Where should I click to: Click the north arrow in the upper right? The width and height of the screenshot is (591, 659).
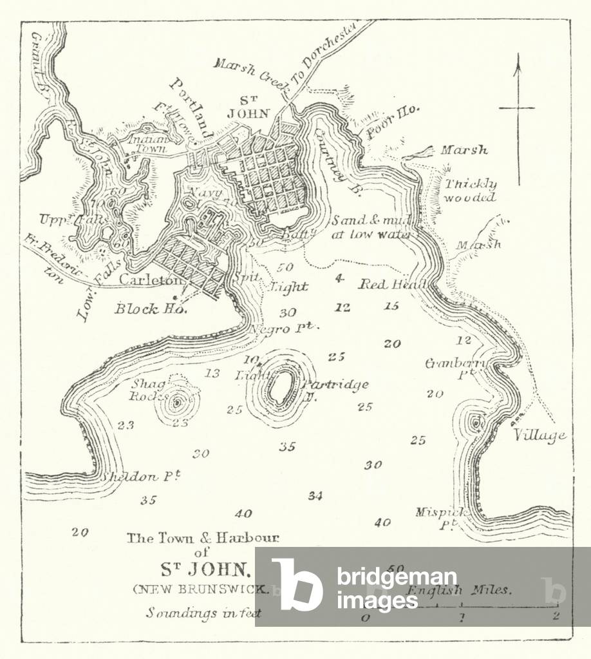coord(516,108)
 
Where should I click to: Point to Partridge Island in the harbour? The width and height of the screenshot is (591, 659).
coord(281,387)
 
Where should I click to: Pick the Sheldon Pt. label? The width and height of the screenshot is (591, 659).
coord(140,477)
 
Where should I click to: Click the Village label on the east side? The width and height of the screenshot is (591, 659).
coord(539,435)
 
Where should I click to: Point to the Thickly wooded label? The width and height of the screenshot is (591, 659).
coord(471,191)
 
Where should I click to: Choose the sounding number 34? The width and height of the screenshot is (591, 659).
coord(315,496)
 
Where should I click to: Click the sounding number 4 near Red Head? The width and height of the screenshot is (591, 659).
coord(339,278)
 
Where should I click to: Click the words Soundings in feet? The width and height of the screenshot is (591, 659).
coord(203,613)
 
